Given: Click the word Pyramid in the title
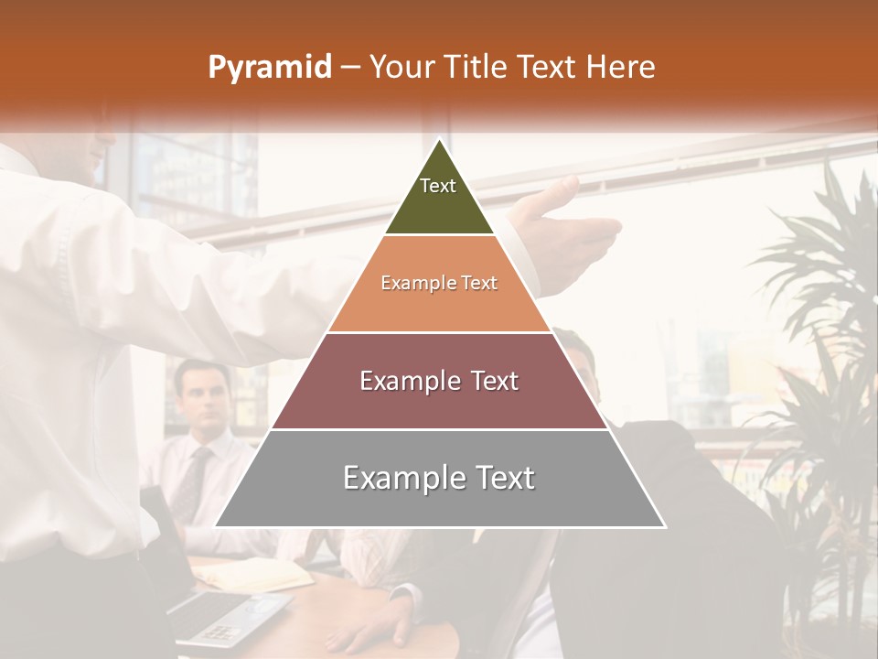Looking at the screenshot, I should pyautogui.click(x=269, y=68).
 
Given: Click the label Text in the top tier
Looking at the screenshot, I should pyautogui.click(x=438, y=186).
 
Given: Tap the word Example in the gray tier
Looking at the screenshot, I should pyautogui.click(x=394, y=478).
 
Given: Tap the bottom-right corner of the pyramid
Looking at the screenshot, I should pyautogui.click(x=664, y=526).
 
